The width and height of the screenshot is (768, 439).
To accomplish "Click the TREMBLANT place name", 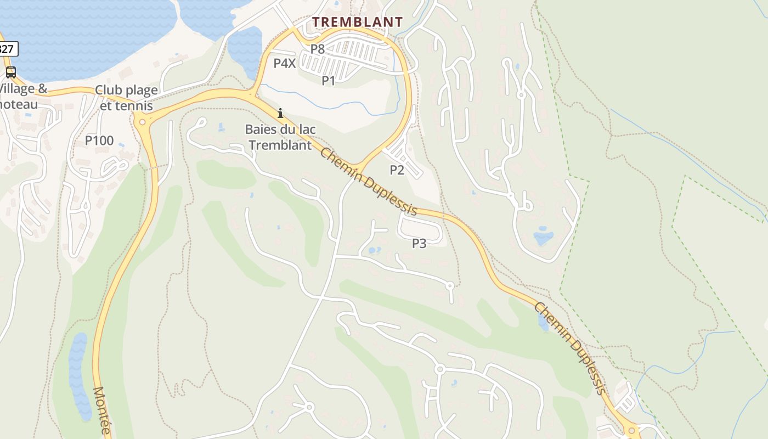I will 357,22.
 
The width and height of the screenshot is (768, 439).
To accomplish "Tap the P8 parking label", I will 318,49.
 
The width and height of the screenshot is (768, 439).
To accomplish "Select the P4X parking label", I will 285,63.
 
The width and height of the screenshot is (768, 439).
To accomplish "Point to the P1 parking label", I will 328,81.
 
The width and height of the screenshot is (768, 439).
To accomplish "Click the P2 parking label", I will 397,170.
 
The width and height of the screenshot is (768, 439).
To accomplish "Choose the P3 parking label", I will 419,243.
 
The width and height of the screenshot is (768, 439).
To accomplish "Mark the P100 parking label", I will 99,140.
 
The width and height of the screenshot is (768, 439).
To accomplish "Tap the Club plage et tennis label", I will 126,97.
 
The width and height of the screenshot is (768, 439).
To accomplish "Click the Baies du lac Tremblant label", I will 280,137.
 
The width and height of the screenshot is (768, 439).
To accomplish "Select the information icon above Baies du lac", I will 280,114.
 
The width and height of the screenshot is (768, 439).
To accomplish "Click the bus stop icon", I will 10,72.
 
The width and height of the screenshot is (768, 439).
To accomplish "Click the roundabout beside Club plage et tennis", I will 143,122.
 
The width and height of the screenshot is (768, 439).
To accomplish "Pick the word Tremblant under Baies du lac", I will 280,145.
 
